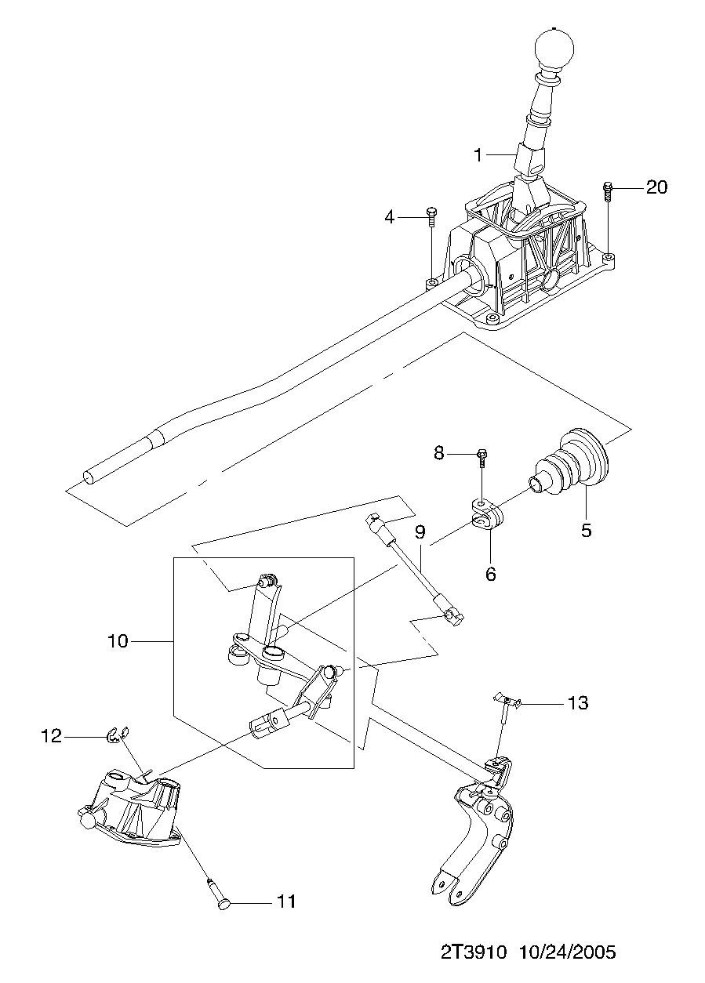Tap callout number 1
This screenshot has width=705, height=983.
click(478, 155)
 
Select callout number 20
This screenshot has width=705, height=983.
click(656, 187)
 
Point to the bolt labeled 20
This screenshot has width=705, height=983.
click(608, 192)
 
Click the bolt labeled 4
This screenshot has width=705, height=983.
click(431, 217)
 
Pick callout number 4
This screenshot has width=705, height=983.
click(390, 217)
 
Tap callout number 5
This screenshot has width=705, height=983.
click(587, 530)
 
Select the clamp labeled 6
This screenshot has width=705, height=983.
click(487, 515)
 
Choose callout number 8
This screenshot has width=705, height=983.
click(439, 453)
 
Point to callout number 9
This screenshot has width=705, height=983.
click(420, 532)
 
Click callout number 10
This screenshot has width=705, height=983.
click(118, 641)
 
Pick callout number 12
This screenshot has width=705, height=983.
click(51, 736)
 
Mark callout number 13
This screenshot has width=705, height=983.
click(578, 702)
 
